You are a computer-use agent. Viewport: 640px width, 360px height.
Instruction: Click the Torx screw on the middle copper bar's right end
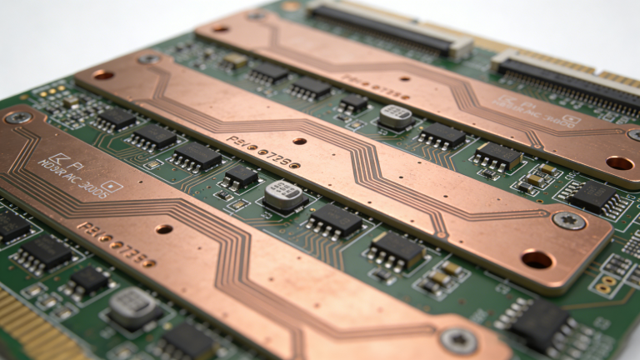tap(569, 221)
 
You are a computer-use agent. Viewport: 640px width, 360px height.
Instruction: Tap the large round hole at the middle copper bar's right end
tap(537, 260)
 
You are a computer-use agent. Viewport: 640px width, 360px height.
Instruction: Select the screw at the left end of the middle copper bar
tap(149, 59)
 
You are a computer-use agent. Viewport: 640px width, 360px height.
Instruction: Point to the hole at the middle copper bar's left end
tap(103, 75)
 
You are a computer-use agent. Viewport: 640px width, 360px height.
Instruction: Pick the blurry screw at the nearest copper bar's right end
tap(459, 338)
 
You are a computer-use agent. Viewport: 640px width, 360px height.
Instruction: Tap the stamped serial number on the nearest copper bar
tap(116, 243)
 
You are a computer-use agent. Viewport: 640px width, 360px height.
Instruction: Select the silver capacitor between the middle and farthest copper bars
tap(396, 116)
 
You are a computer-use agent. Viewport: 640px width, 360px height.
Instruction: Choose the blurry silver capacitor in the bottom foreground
tap(132, 306)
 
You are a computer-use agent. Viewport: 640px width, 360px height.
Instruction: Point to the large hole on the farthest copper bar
tap(619, 162)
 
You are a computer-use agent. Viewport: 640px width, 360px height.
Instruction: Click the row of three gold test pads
tap(54, 89)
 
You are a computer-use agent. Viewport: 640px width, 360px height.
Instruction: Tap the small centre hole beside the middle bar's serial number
tap(299, 141)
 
